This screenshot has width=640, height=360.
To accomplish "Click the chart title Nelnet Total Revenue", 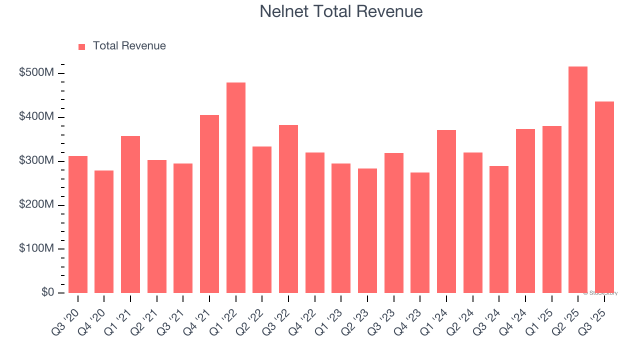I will tap(341, 11).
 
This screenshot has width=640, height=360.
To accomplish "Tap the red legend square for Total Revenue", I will tap(82, 46).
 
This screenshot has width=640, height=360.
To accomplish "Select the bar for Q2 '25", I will tap(578, 180).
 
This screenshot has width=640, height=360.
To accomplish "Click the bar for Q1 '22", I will tap(236, 187).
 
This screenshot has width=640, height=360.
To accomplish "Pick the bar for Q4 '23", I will tap(420, 232).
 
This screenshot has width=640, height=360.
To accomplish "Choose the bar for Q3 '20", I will tap(78, 224).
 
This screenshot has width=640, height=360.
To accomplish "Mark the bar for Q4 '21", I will tap(209, 204).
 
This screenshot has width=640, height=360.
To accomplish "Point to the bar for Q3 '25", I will tap(604, 197).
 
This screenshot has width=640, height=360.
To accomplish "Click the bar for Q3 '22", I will tap(288, 209).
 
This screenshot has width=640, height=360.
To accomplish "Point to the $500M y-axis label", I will tap(36, 73).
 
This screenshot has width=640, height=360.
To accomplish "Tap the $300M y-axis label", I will tap(36, 161).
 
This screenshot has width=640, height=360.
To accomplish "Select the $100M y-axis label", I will tap(36, 248).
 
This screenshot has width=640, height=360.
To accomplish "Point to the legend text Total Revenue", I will tap(129, 46).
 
